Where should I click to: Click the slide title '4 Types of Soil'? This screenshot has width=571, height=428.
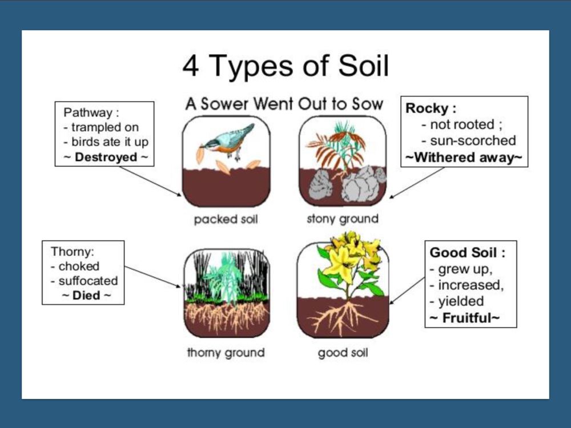(x=285, y=66)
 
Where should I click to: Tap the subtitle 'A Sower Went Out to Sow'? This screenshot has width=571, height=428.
(x=284, y=104)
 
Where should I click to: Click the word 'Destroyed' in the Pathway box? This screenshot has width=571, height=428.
(x=106, y=158)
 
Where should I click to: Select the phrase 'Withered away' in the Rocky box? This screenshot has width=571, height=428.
(x=464, y=158)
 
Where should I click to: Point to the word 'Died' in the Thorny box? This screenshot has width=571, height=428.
(x=86, y=295)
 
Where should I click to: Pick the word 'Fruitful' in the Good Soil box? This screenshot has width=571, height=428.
(x=467, y=318)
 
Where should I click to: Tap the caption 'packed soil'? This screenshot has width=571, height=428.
(x=226, y=219)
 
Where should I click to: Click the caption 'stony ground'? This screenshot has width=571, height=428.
(x=343, y=219)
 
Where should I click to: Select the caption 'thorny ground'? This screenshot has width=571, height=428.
(x=226, y=352)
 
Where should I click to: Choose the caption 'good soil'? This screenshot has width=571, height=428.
(x=343, y=352)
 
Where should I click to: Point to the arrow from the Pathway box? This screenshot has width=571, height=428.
(x=150, y=181)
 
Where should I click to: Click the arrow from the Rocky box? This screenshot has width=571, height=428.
(x=417, y=183)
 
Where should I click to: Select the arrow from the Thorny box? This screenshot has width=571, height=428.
(x=152, y=277)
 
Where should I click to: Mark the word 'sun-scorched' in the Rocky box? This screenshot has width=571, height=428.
(x=473, y=140)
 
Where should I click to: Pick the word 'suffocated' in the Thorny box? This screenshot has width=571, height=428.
(x=88, y=281)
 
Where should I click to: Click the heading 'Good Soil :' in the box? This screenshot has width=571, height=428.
(x=468, y=252)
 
